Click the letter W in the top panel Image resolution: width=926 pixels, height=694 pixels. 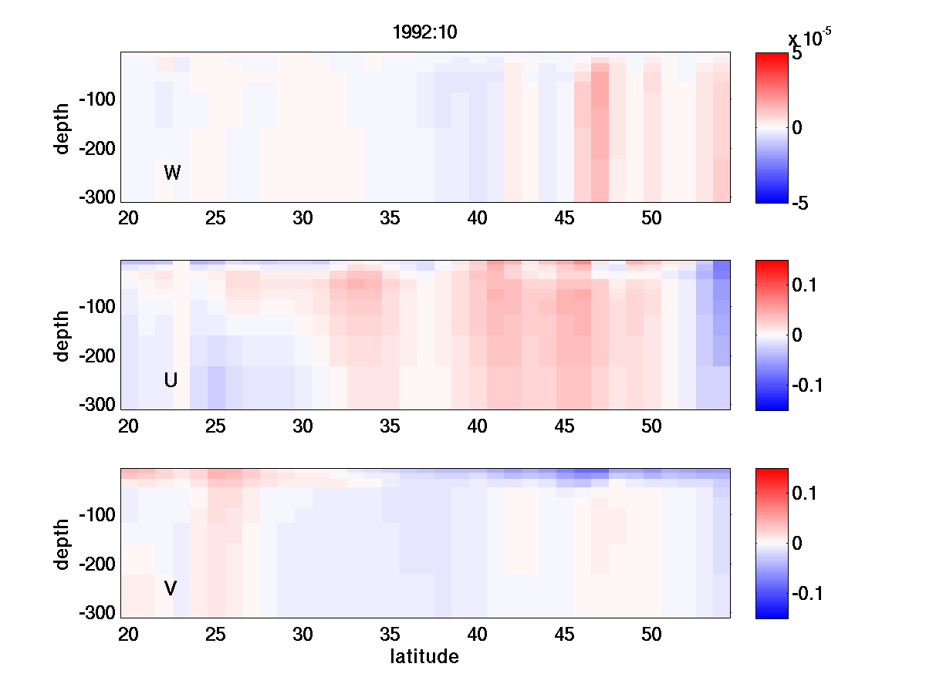(172, 173)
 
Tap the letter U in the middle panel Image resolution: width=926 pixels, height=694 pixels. (171, 380)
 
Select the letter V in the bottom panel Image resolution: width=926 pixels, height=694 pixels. (171, 588)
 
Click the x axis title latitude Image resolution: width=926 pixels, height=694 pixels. (424, 657)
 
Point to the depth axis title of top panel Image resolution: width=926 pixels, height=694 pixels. (63, 127)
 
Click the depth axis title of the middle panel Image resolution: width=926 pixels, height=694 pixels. (63, 335)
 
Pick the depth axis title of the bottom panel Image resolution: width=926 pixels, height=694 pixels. (63, 544)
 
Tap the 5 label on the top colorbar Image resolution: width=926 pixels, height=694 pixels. (797, 56)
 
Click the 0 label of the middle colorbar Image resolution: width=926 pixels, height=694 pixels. (798, 335)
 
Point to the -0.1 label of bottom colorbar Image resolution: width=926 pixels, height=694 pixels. (809, 594)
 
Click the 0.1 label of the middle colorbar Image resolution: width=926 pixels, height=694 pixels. (807, 285)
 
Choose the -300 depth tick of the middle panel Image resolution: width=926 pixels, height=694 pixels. (97, 405)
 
